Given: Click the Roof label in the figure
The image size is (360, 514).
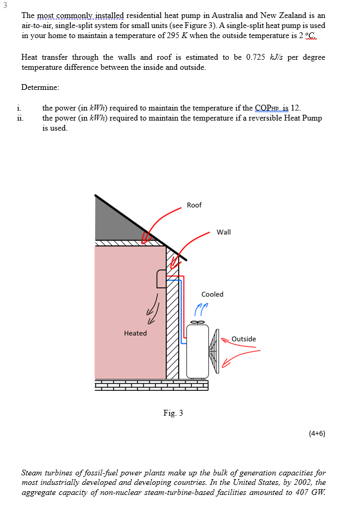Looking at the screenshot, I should [x=194, y=205].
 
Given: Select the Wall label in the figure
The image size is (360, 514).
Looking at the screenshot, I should [x=224, y=232].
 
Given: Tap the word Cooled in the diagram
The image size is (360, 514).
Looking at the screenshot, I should [x=212, y=294].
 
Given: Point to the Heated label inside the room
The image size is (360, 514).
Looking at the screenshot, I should [x=135, y=333].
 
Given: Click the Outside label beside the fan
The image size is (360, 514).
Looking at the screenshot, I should [x=244, y=339].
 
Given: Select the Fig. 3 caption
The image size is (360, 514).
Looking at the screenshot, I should [x=173, y=413].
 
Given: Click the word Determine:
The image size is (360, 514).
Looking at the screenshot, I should [x=40, y=87].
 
